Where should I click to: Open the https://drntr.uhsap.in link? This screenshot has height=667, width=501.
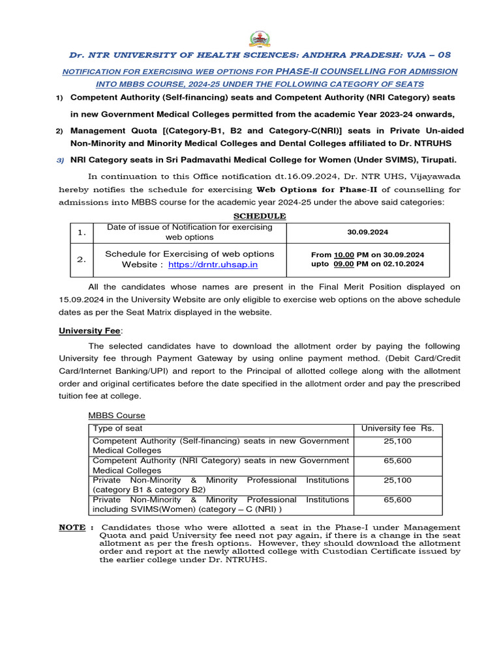click(x=213, y=264)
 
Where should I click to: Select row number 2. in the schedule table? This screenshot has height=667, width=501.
click(x=82, y=259)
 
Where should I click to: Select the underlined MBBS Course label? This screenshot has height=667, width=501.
click(x=117, y=416)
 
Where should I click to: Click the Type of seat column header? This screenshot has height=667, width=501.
click(x=117, y=429)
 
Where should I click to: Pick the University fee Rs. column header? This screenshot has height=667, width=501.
click(x=398, y=429)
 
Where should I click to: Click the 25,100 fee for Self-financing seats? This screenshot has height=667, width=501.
click(x=398, y=442)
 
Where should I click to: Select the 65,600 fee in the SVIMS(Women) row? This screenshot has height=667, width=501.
click(x=398, y=500)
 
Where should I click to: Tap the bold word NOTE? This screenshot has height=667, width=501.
click(x=72, y=527)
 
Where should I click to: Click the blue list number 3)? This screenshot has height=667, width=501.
click(x=59, y=160)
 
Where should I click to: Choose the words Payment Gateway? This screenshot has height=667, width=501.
click(x=236, y=358)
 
